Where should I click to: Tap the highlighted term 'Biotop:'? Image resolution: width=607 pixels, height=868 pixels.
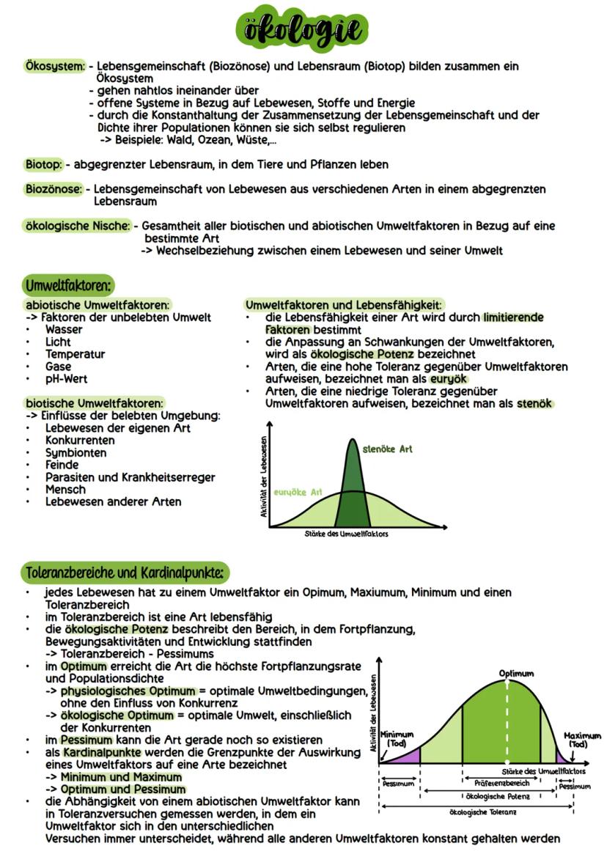click(43, 164)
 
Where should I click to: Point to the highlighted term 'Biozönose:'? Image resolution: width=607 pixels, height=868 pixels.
click(53, 189)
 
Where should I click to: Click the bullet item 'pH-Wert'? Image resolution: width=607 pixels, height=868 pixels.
click(65, 379)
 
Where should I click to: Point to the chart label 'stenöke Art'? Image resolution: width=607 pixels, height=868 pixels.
click(387, 449)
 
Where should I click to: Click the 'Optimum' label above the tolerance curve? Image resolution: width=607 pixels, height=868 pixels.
click(516, 673)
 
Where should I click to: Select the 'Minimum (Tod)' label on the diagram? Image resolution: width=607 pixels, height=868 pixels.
click(397, 738)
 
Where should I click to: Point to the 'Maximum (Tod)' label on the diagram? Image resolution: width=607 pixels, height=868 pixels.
click(582, 740)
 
